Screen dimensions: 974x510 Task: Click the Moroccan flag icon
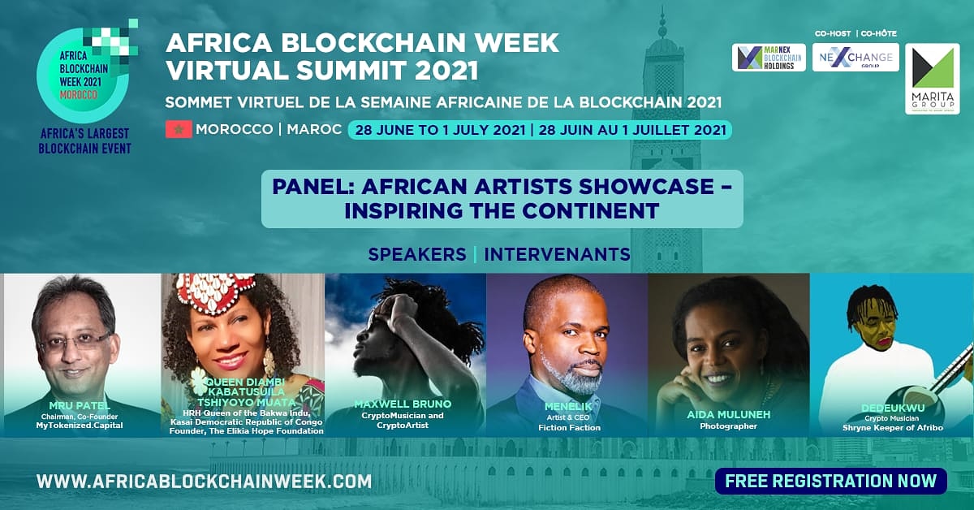point(179,129)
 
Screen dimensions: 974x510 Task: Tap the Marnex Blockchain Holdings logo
point(769,58)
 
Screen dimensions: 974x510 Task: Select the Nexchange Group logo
point(855,58)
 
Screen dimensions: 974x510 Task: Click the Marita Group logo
point(933,79)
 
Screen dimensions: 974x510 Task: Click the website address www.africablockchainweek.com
point(204,482)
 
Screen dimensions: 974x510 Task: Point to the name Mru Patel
point(80,406)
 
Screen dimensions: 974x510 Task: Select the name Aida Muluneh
point(729,415)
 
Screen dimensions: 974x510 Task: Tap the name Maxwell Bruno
point(403,404)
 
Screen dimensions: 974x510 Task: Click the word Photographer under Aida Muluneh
point(729,426)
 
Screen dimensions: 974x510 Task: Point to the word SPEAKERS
point(417,254)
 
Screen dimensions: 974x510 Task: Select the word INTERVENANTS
point(557,254)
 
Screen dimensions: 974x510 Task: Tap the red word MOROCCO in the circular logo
point(79,94)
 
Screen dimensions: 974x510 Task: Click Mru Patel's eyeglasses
point(75,342)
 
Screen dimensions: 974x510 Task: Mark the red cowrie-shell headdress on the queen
point(211,292)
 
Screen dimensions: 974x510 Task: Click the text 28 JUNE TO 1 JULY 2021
point(441,130)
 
